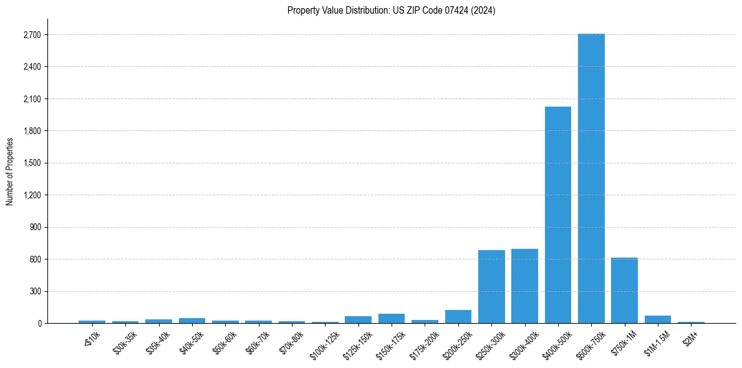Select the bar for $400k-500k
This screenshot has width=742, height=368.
tap(557, 215)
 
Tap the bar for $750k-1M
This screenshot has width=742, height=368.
tap(624, 290)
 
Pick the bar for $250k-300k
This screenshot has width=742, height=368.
tap(491, 286)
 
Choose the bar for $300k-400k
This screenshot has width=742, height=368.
tap(524, 286)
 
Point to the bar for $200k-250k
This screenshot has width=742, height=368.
tap(458, 316)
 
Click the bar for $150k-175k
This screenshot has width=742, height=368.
tap(392, 318)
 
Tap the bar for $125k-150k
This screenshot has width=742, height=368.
tap(358, 319)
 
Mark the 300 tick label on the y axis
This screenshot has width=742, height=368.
tap(35, 291)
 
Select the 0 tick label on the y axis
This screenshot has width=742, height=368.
tap(39, 323)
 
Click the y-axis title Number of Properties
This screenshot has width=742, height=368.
tap(9, 171)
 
